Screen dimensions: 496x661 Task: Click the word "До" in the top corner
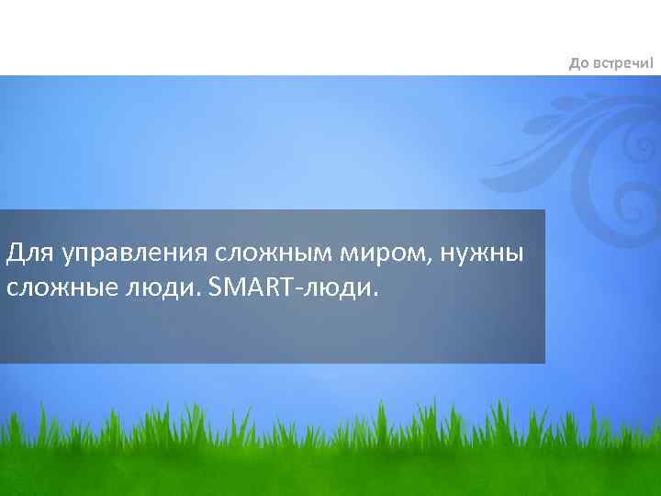click(x=578, y=63)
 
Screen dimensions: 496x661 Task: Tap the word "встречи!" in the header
click(x=624, y=63)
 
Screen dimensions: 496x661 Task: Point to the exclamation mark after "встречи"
click(x=653, y=62)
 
